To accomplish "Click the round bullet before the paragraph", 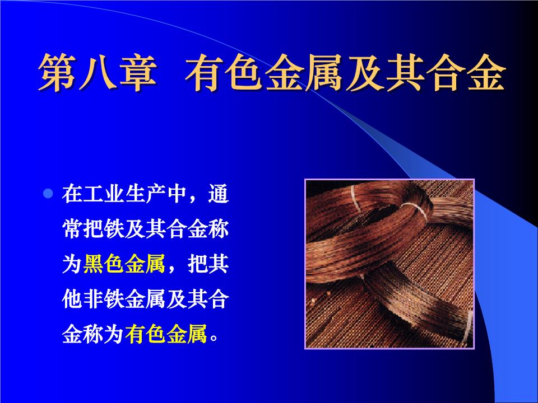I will click(48, 194).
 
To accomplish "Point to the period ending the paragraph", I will click(213, 338).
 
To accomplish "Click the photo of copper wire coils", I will click(389, 264).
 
